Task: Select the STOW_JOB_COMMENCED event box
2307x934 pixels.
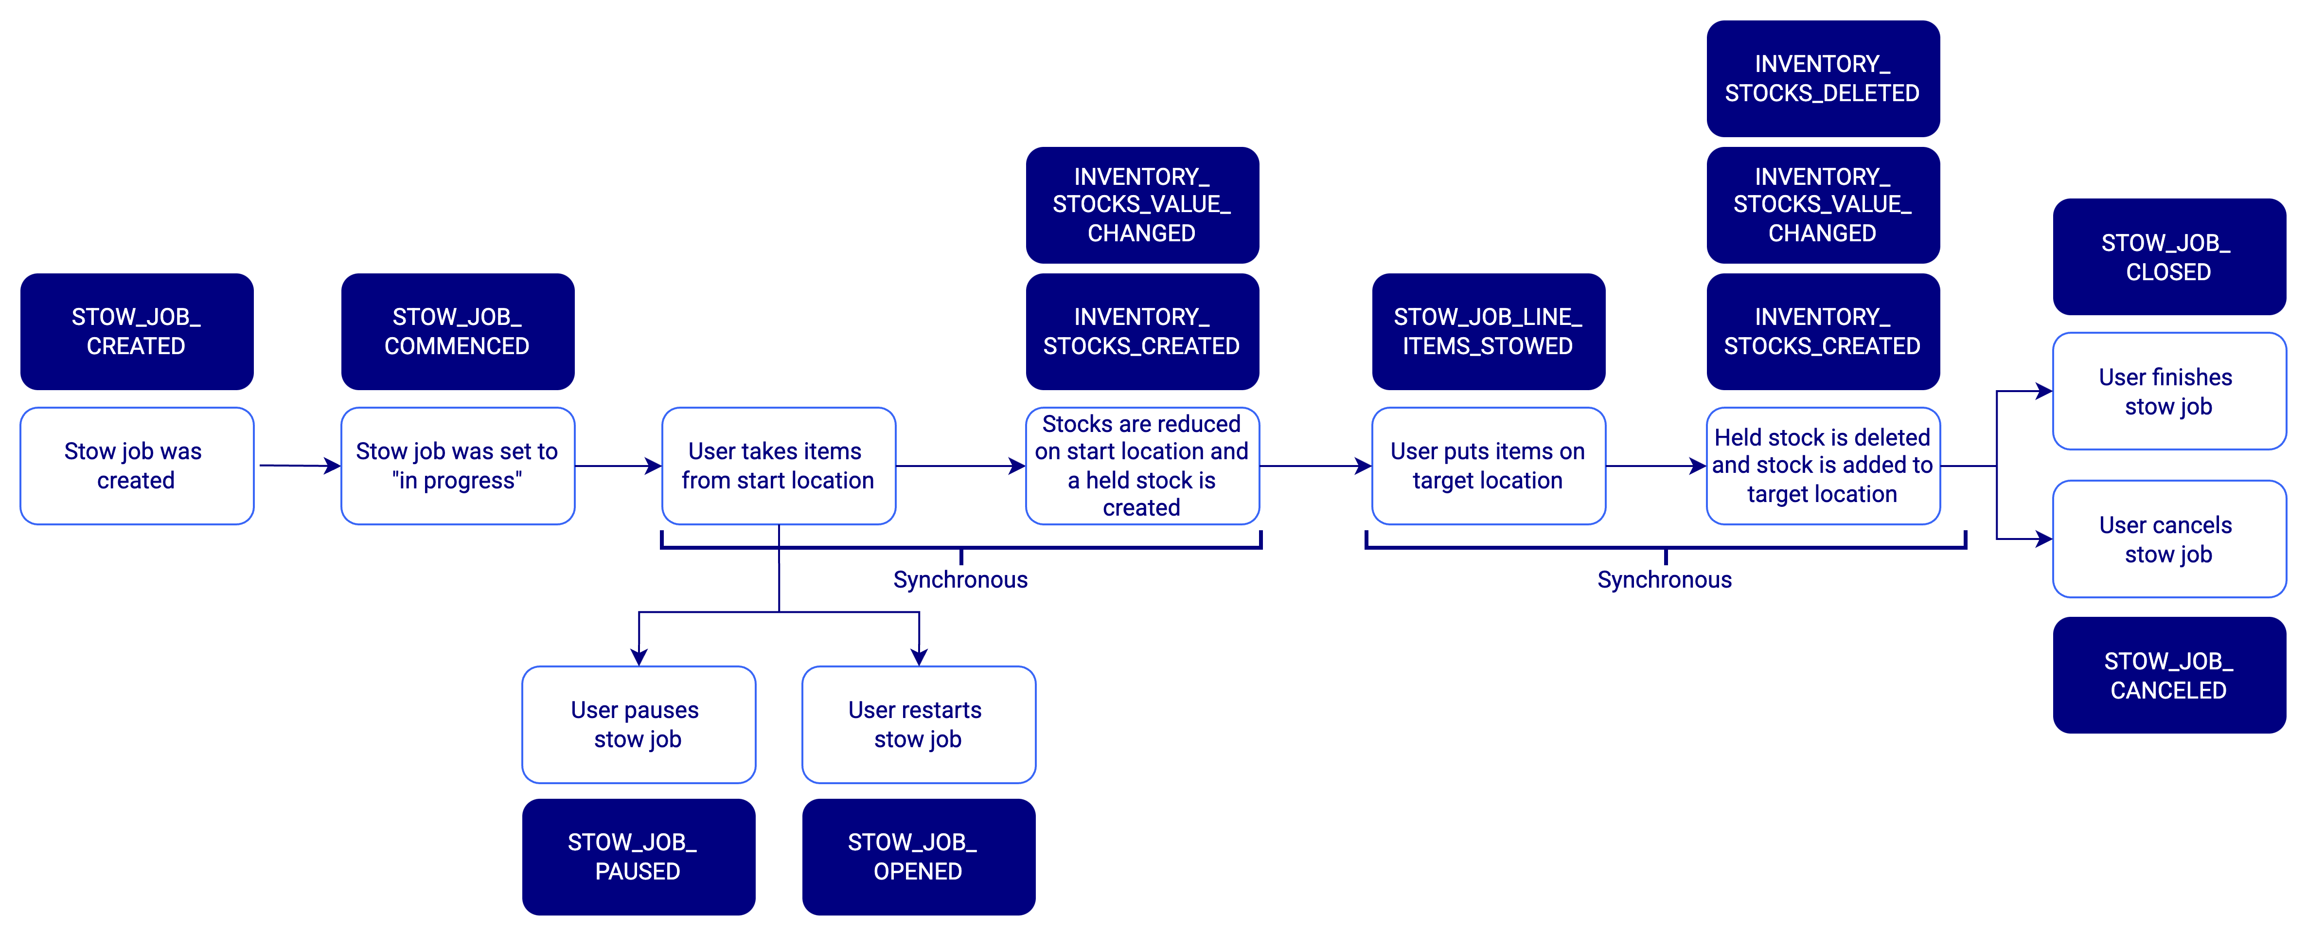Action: [458, 331]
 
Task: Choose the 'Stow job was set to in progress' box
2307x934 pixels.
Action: [458, 466]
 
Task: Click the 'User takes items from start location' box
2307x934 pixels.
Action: [778, 466]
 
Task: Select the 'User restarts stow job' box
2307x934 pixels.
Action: [919, 724]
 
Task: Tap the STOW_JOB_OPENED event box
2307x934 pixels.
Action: [919, 857]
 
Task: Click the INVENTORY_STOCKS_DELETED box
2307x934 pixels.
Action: [1823, 79]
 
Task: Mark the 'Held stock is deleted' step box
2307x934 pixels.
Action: [1823, 466]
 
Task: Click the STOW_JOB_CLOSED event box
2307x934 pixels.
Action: [2169, 257]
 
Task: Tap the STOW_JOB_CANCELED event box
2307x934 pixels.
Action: [2169, 675]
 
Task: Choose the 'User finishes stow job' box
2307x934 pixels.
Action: [2169, 391]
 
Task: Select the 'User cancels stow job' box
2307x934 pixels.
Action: [2169, 539]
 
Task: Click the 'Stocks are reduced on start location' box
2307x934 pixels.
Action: [1142, 466]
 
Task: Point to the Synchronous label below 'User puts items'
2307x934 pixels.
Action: [1665, 580]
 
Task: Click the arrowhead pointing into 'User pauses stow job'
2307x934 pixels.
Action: [639, 656]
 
